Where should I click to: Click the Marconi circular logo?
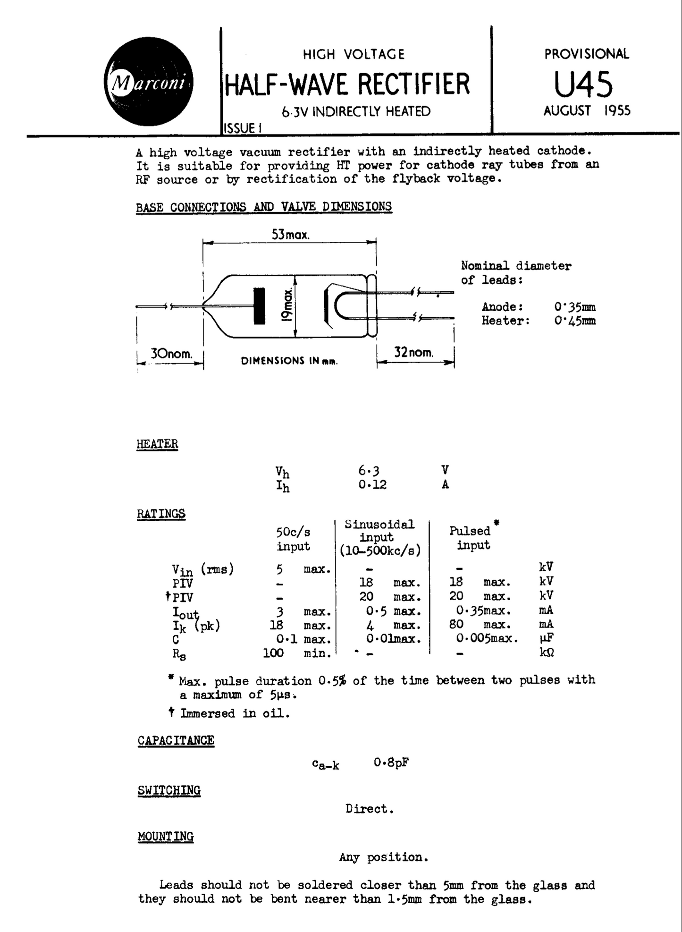(148, 82)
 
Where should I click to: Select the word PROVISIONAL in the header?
(586, 54)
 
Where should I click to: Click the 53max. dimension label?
(290, 235)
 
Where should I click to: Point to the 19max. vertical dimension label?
(286, 306)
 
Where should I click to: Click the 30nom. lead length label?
(171, 354)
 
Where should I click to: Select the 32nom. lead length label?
(413, 352)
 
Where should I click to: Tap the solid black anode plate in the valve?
(259, 305)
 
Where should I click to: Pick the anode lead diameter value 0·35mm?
(574, 307)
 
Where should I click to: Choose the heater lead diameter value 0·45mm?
(574, 321)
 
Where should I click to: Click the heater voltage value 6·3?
(369, 470)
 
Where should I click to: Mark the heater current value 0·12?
(372, 485)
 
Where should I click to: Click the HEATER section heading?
(157, 444)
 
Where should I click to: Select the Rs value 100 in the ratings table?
(273, 653)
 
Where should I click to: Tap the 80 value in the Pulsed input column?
(456, 625)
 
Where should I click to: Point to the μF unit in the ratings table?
(546, 638)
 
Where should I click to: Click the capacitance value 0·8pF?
(391, 762)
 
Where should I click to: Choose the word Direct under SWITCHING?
(369, 809)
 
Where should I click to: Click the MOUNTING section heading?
(166, 836)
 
